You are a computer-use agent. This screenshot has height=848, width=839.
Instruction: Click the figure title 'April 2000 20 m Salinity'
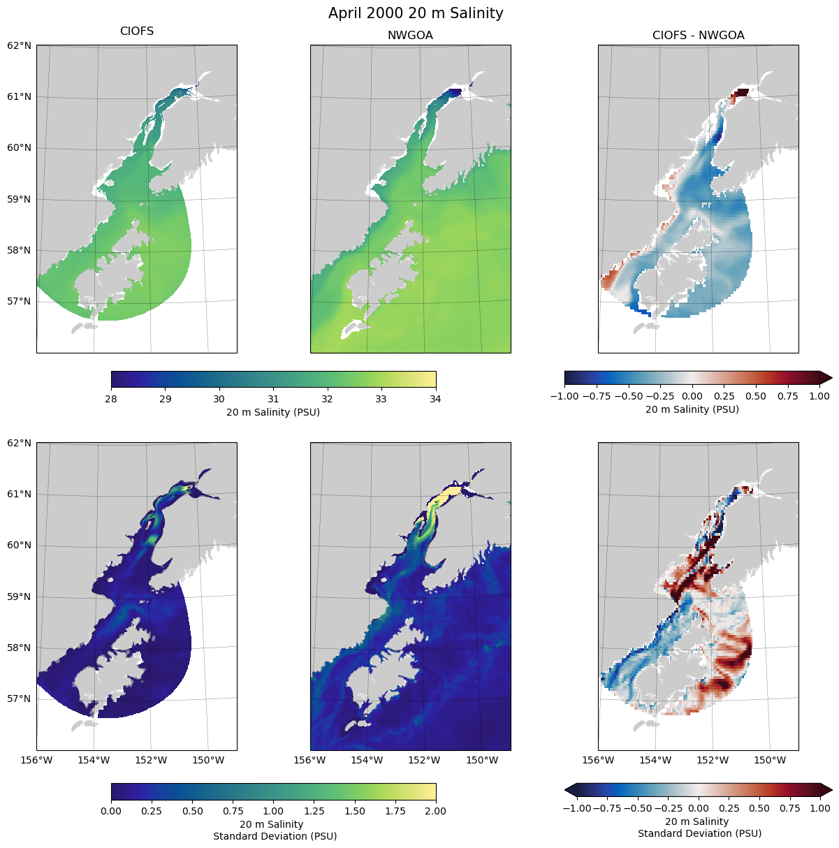[x=416, y=13]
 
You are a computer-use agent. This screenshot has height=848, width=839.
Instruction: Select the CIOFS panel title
[x=137, y=31]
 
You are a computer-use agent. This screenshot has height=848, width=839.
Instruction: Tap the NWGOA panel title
[x=410, y=36]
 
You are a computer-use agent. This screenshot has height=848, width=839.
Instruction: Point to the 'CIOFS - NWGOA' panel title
[x=698, y=36]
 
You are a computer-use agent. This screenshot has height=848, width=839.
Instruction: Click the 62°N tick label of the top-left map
[x=20, y=46]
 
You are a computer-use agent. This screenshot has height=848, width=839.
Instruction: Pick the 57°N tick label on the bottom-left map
[x=20, y=699]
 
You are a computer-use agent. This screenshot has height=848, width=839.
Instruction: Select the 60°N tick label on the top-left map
[x=20, y=148]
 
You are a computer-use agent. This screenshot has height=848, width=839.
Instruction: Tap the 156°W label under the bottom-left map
[x=37, y=760]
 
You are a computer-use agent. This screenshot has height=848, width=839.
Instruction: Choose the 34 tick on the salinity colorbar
[x=436, y=399]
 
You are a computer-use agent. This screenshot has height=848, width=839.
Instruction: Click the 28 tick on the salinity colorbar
[x=111, y=399]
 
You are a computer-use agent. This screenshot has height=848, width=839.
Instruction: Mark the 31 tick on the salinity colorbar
[x=273, y=399]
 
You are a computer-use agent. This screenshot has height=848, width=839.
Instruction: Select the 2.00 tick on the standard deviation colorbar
[x=436, y=811]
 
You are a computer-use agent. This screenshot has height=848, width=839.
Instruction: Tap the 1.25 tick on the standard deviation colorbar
[x=314, y=811]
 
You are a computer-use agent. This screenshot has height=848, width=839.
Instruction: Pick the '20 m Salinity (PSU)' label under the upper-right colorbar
[x=692, y=409]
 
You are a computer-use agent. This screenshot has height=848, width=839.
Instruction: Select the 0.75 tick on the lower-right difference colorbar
[x=787, y=808]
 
